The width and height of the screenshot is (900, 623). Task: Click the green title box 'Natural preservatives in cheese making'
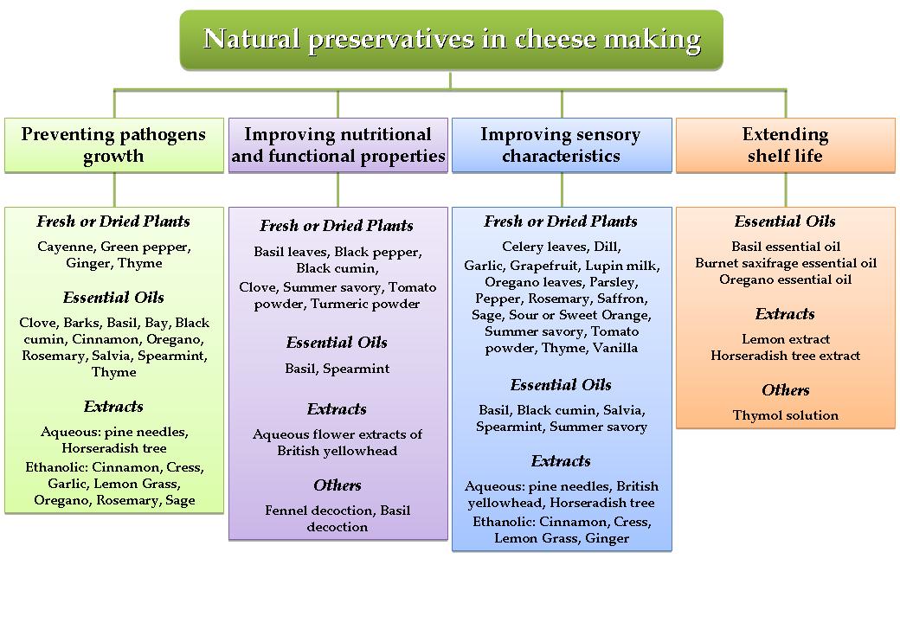(451, 40)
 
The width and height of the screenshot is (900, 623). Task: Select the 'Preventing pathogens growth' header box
(114, 145)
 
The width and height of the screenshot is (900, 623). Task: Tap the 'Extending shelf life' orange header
(785, 145)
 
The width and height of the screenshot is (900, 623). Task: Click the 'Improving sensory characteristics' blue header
(562, 145)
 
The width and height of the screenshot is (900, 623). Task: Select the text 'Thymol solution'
(785, 415)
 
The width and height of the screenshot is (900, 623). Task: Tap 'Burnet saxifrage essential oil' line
(785, 263)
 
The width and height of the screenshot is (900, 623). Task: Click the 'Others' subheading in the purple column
(337, 485)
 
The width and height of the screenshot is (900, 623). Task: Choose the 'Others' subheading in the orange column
(785, 390)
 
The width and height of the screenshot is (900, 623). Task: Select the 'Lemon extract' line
(785, 339)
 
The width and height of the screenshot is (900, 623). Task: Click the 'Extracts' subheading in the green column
(113, 407)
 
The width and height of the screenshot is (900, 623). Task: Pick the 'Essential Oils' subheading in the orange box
(785, 222)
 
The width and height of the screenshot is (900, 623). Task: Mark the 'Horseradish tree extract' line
(785, 356)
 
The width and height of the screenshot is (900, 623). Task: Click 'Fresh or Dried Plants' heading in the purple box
(337, 226)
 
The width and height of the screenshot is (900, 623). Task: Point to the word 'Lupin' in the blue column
(605, 266)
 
